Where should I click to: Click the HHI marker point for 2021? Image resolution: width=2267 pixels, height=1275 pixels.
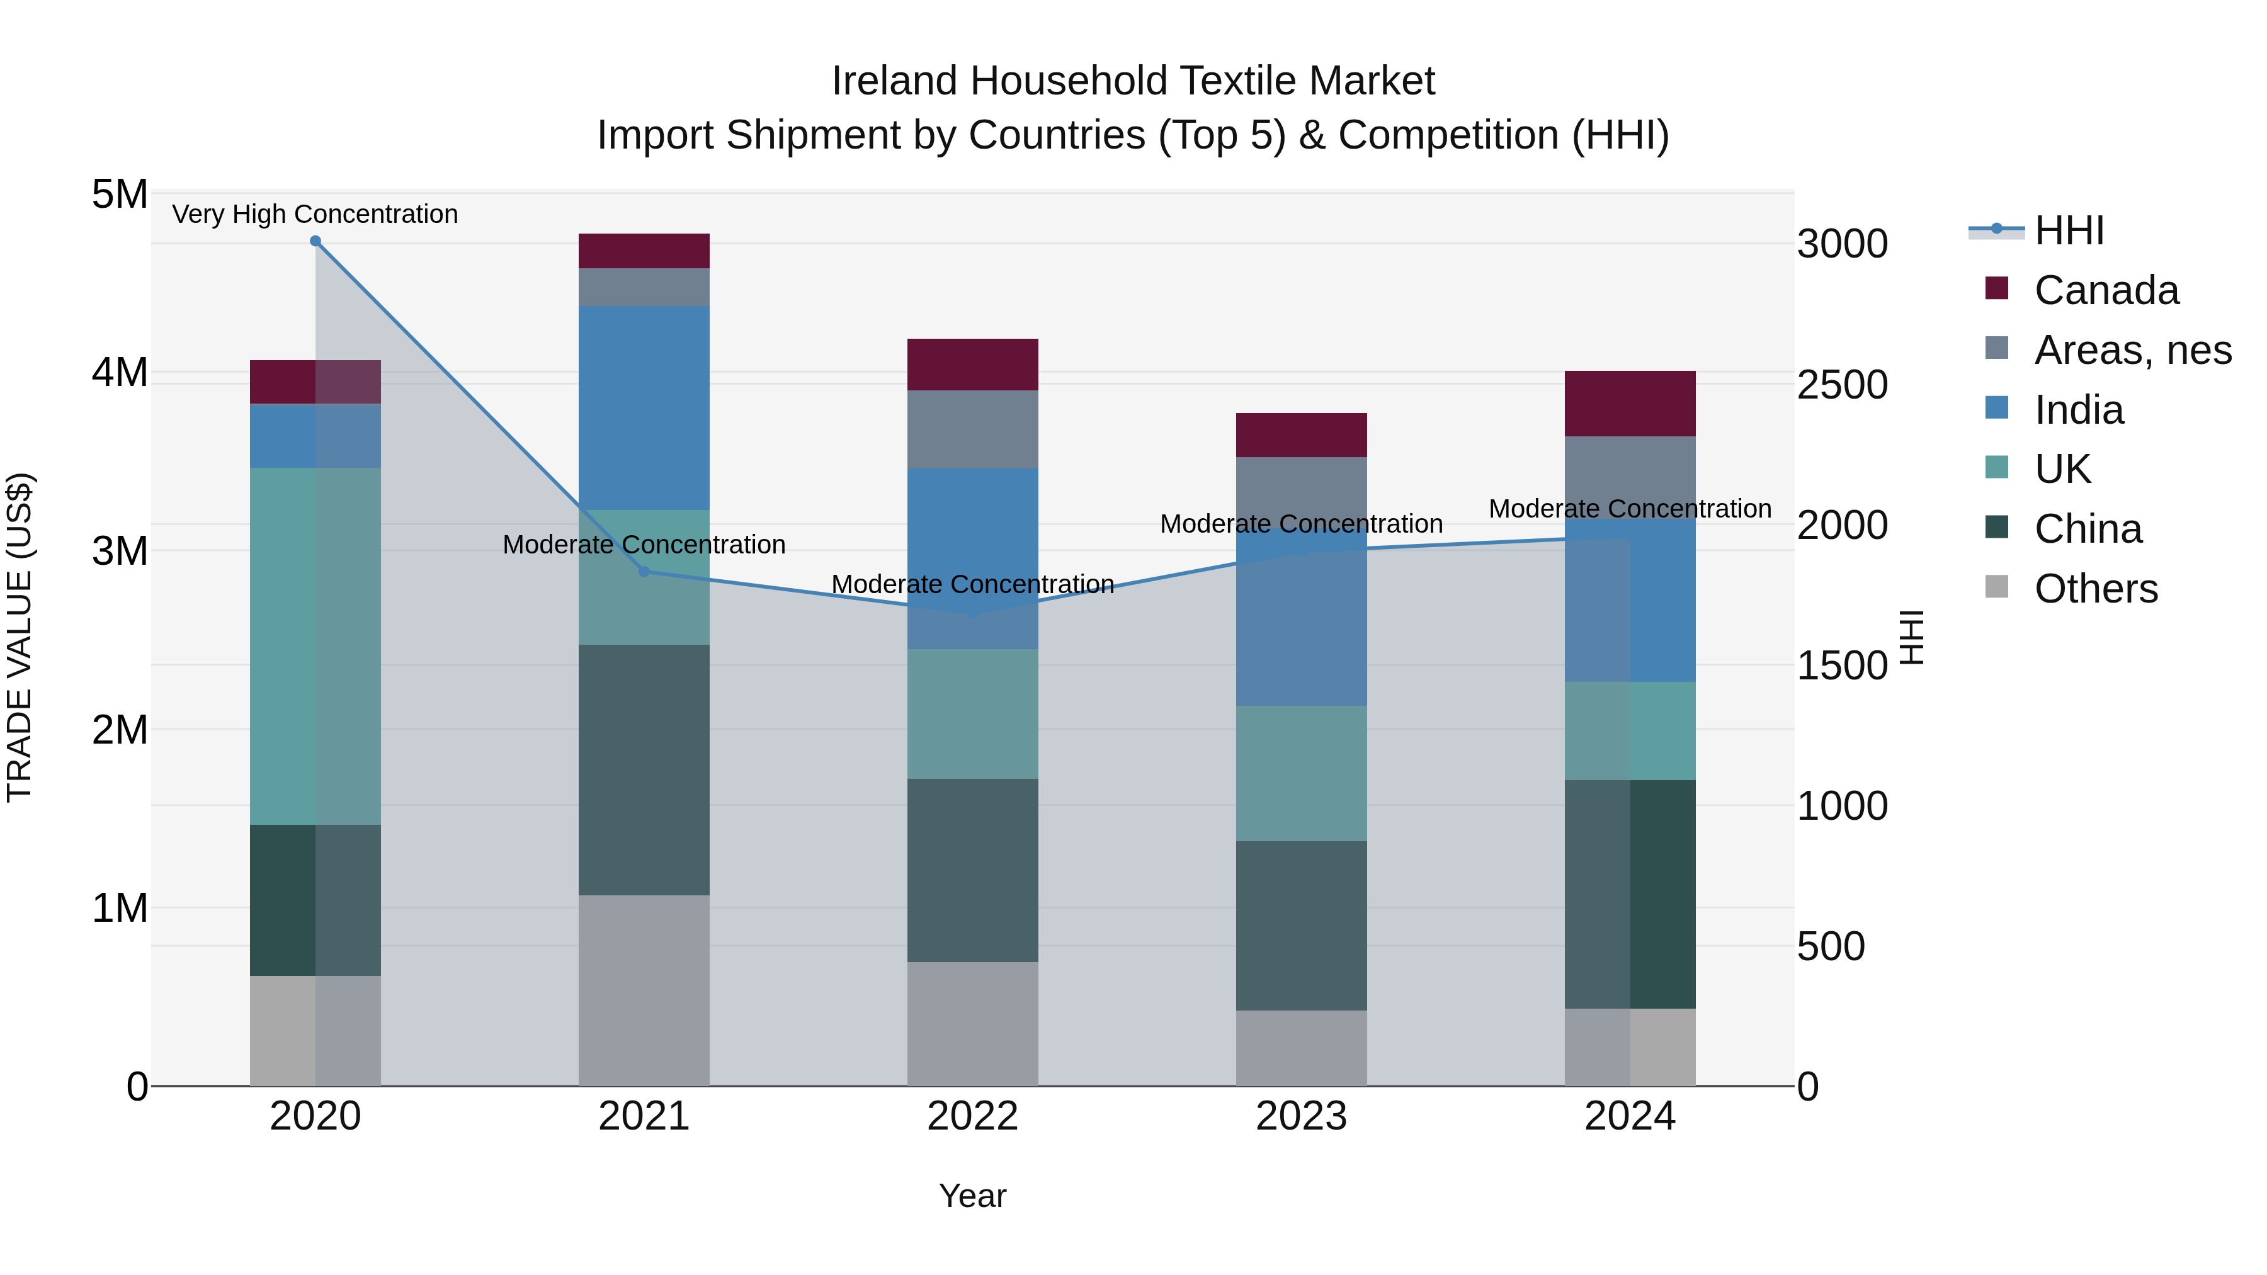coord(644,571)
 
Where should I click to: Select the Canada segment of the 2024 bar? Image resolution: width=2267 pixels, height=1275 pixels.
coord(1630,404)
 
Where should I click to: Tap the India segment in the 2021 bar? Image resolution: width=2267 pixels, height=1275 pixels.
coord(644,407)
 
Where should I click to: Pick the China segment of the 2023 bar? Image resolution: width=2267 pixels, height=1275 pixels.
coord(1301,925)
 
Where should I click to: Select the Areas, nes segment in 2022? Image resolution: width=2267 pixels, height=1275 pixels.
coord(972,429)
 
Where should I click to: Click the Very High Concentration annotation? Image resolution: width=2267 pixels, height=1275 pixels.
coord(315,214)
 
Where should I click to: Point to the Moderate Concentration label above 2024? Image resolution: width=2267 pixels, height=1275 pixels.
coord(1630,509)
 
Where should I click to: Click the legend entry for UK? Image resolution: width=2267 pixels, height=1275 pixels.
coord(2063,469)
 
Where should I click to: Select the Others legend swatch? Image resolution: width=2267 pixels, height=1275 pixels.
coord(1997,587)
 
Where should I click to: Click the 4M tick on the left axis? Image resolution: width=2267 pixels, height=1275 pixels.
coord(120,372)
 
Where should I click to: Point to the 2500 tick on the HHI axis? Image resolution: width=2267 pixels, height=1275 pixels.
coord(1842,385)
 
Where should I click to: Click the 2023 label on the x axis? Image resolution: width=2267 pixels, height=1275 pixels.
coord(1301,1116)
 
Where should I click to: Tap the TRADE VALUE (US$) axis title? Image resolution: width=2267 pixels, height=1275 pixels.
coord(20,637)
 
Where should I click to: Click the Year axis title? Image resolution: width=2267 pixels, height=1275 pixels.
coord(972,1196)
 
